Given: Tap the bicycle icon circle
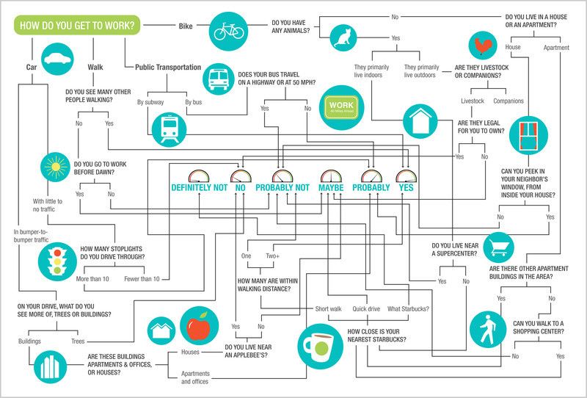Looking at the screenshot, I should pos(229,31).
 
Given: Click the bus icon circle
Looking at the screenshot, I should pos(219,76).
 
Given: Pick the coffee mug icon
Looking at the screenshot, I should pos(319,345).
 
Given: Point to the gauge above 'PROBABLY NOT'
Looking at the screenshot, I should pos(282,176).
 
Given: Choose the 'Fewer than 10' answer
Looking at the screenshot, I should pos(142,280).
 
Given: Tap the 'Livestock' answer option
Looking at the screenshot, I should pos(473,100).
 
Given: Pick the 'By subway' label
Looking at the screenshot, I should pos(150,101).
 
